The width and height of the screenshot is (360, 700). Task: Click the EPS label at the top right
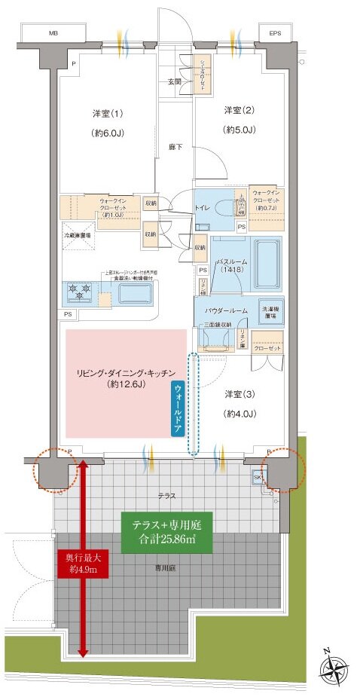[x=275, y=34]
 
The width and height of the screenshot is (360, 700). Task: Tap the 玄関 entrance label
[x=173, y=82]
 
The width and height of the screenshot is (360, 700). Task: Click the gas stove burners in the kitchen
[x=79, y=289]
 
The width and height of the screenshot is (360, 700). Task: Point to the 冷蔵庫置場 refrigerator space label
[x=77, y=235]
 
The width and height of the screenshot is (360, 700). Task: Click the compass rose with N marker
[x=331, y=669]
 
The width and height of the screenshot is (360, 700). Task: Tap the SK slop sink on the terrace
[x=258, y=478]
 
